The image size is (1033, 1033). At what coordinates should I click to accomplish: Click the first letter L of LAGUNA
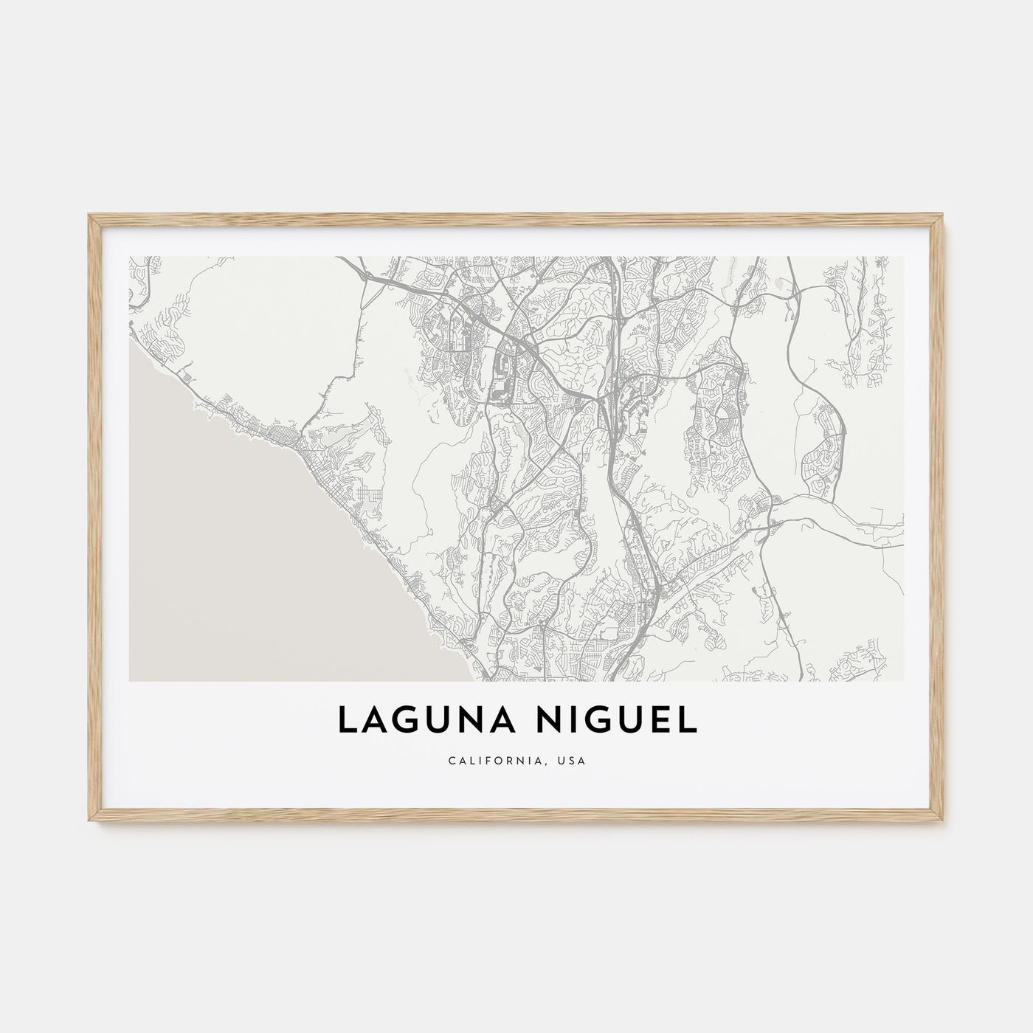(x=345, y=722)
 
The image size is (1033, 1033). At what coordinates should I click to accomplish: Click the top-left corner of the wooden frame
(x=89, y=214)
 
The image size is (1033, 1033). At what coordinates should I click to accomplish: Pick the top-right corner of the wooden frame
(x=944, y=214)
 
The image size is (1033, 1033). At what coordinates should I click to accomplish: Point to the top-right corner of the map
(x=904, y=257)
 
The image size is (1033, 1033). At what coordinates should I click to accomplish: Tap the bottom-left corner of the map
(x=129, y=680)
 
